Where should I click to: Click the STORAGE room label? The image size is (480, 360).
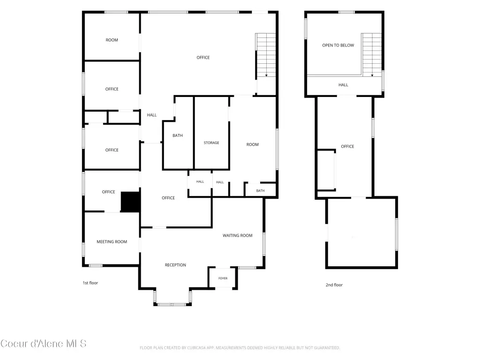click(x=211, y=142)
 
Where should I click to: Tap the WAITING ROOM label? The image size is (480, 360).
click(x=238, y=235)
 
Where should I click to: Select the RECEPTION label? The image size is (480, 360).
click(x=175, y=265)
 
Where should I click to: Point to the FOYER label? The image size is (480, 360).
click(x=223, y=278)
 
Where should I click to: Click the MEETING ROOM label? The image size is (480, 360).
click(x=112, y=241)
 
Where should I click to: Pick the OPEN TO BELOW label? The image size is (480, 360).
click(x=338, y=45)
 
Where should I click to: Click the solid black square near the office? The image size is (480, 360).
click(x=131, y=202)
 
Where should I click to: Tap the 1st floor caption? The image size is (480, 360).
click(x=90, y=283)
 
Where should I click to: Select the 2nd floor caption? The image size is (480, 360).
click(x=334, y=285)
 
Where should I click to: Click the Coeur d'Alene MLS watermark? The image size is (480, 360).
click(x=43, y=344)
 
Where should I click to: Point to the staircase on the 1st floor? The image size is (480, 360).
click(x=266, y=55)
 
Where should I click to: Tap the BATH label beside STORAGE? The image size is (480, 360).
click(x=178, y=135)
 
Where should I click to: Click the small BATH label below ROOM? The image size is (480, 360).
click(x=260, y=191)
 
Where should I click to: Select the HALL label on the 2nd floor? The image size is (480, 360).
click(x=343, y=85)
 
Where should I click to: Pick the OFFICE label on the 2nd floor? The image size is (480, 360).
click(x=347, y=146)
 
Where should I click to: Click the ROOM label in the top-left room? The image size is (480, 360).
click(x=112, y=40)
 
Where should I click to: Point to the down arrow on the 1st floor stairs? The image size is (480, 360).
click(x=266, y=75)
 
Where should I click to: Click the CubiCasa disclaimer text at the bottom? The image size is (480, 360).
click(x=240, y=348)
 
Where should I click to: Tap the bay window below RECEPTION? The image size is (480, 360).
click(x=172, y=304)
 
